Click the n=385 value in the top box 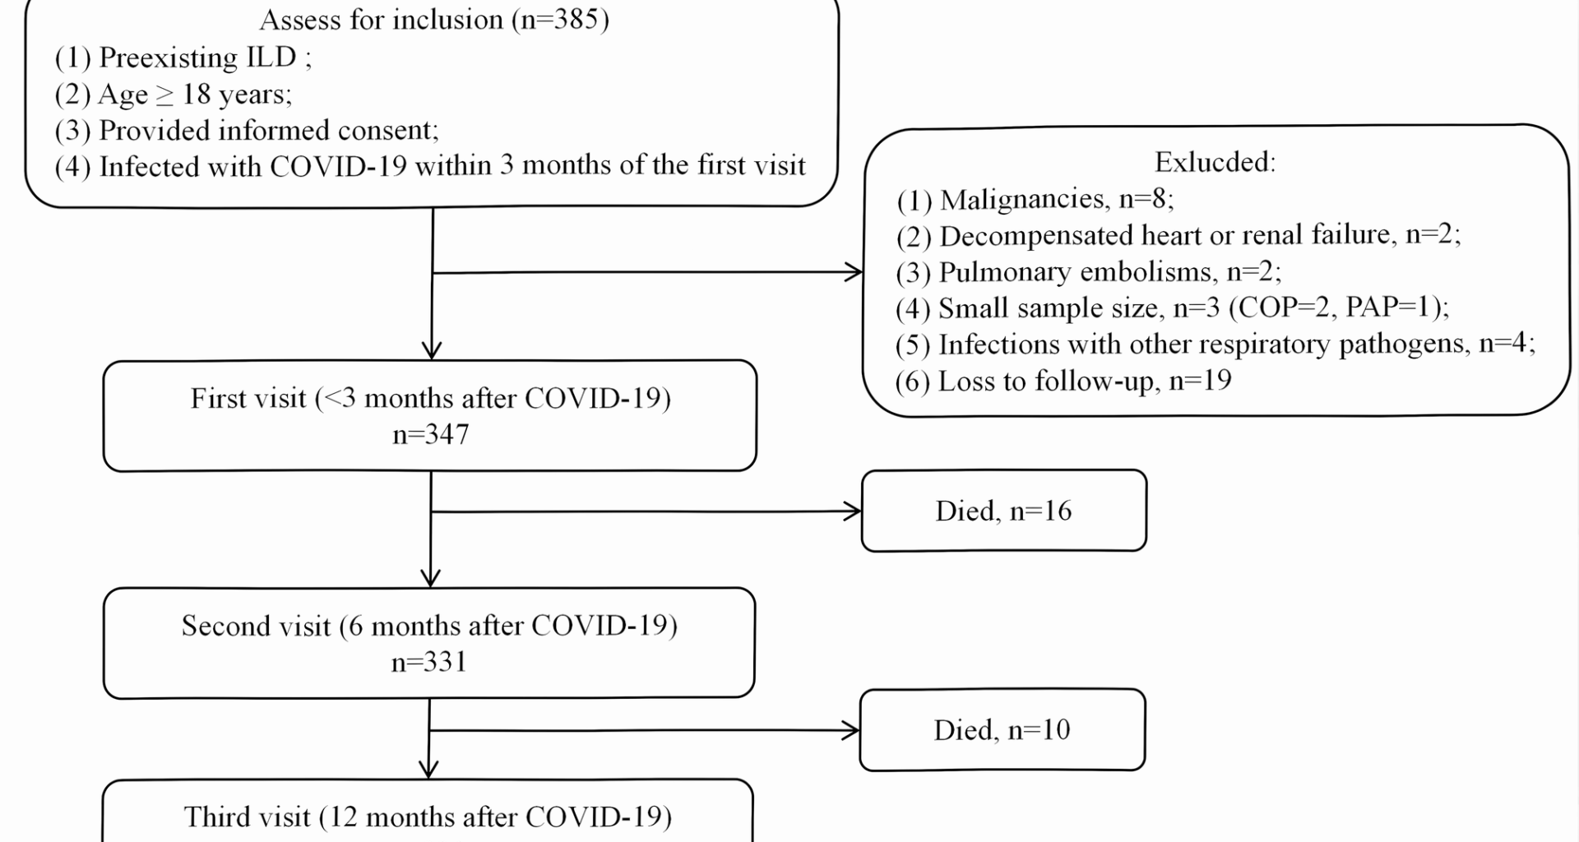(x=563, y=20)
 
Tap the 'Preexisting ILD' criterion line (x=183, y=58)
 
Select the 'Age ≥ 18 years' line (x=173, y=95)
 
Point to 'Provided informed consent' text (x=247, y=131)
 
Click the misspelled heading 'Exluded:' (x=1215, y=162)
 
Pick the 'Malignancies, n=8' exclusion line (x=1035, y=199)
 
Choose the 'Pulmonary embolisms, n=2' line (x=1088, y=271)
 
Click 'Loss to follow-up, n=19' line (x=1063, y=381)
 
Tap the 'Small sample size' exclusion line (x=1172, y=308)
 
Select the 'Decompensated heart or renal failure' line (x=1178, y=235)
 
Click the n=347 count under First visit (x=430, y=434)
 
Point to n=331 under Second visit (x=428, y=662)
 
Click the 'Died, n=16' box (x=1003, y=511)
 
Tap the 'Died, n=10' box (x=1002, y=730)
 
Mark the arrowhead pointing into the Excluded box (x=855, y=272)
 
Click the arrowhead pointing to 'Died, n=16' (x=854, y=511)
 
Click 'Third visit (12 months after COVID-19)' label (x=428, y=817)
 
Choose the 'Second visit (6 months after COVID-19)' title (x=429, y=626)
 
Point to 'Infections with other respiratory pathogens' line (x=1215, y=344)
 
